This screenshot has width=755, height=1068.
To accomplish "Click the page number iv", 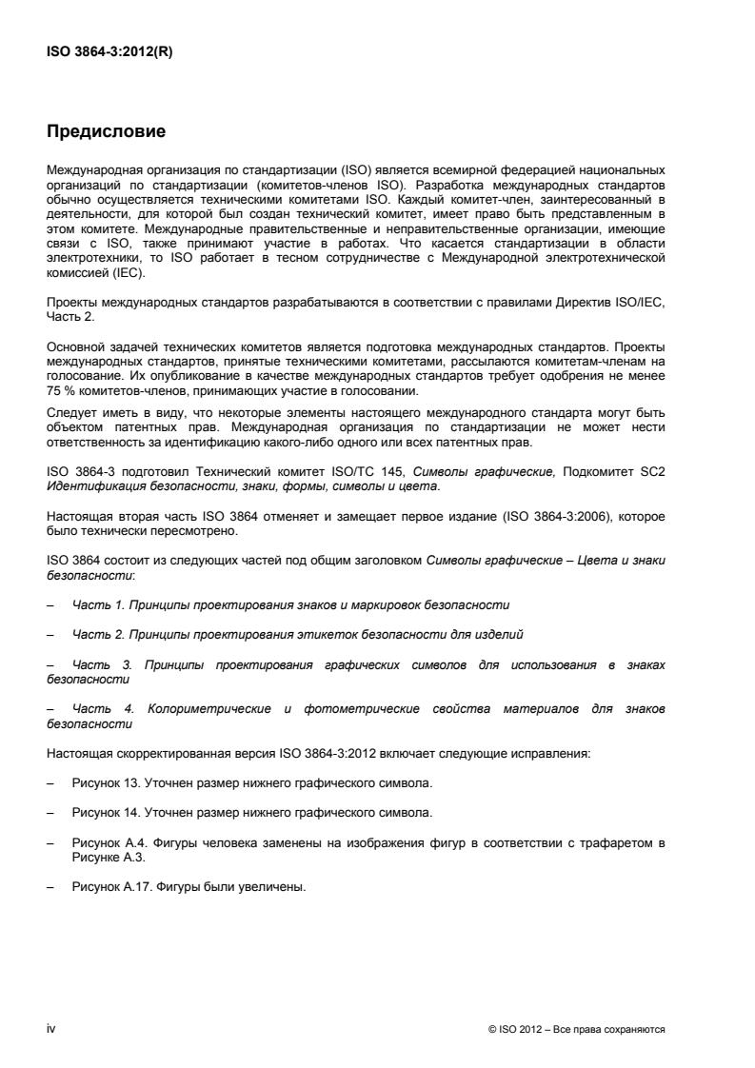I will [x=51, y=1030].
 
